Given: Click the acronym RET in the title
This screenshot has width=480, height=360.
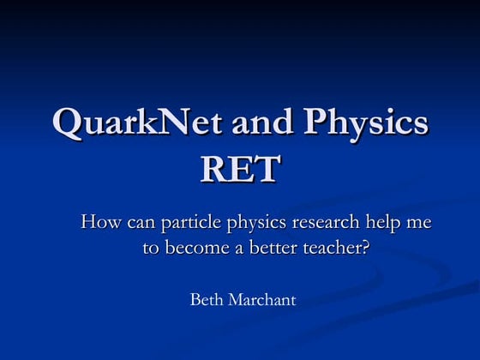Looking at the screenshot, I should tap(239, 170).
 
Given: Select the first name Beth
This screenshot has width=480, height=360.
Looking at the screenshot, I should tap(206, 300).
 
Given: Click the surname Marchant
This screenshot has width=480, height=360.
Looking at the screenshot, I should tap(261, 300).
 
